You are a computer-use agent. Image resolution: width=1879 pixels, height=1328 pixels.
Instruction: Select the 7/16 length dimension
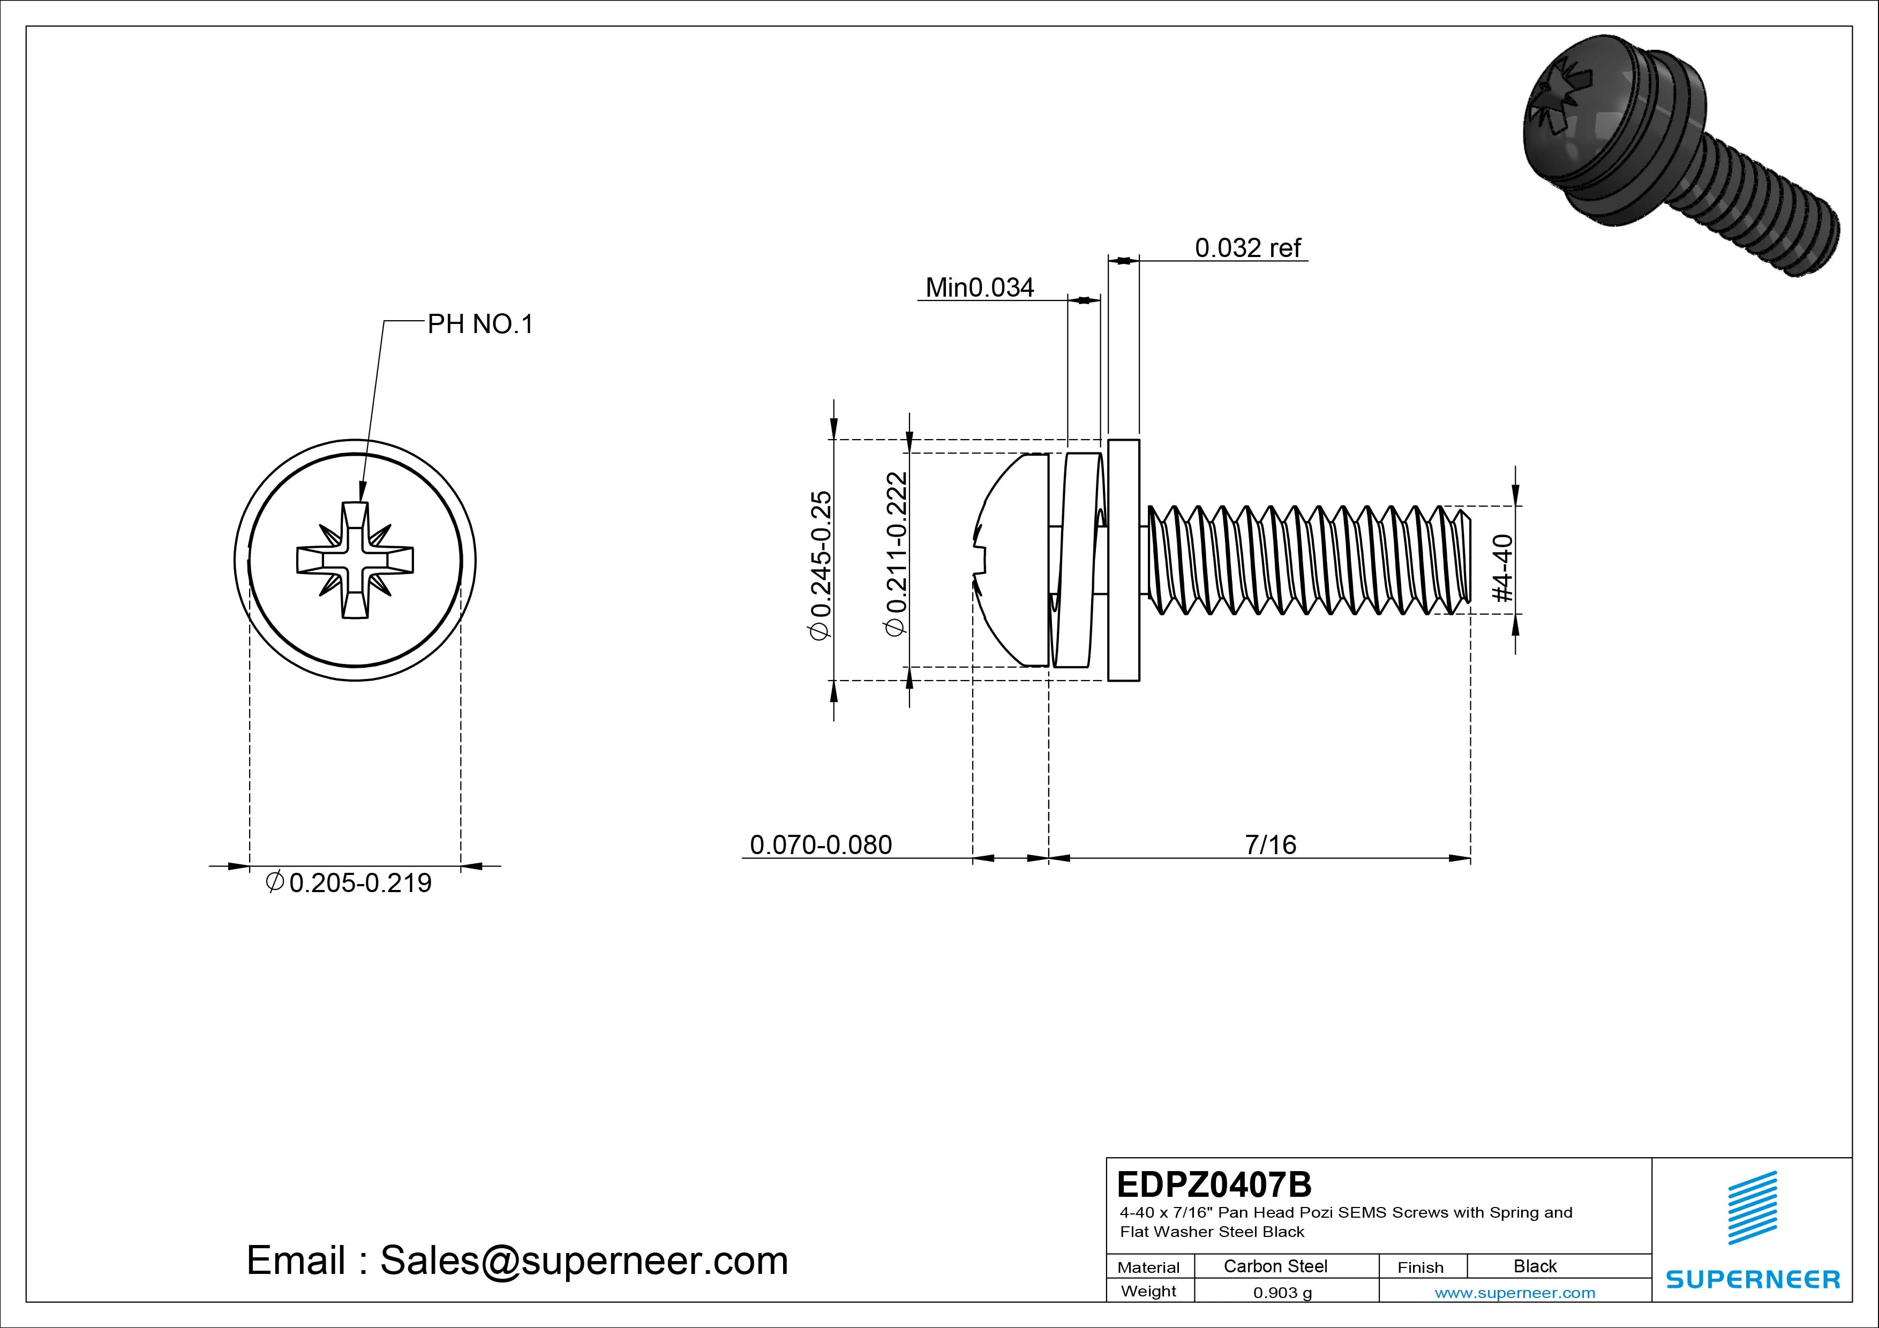pyautogui.click(x=1270, y=844)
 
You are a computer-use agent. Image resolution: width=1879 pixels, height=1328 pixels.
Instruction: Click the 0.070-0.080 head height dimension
pyautogui.click(x=821, y=844)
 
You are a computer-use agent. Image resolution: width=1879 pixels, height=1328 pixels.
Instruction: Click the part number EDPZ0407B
pyautogui.click(x=1214, y=1184)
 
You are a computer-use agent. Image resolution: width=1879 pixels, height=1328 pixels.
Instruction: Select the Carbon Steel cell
pyautogui.click(x=1275, y=1266)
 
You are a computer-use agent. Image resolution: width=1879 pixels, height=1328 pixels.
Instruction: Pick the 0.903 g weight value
pyautogui.click(x=1282, y=1293)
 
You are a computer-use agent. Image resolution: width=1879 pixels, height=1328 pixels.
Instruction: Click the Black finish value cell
pyautogui.click(x=1535, y=1266)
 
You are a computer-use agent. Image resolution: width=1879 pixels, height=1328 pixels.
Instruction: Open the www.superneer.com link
pyautogui.click(x=1515, y=1293)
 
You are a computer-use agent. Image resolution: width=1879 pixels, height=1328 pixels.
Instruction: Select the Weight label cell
pyautogui.click(x=1148, y=1291)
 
